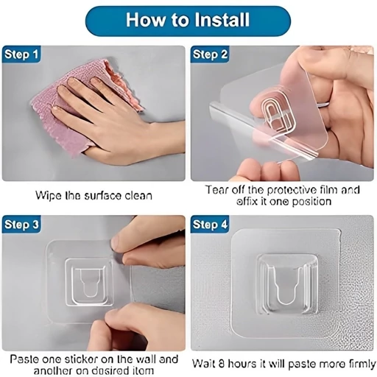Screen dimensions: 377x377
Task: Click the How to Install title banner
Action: (x=188, y=21)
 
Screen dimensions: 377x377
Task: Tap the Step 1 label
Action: (x=21, y=54)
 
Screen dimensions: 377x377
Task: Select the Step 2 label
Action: (x=210, y=54)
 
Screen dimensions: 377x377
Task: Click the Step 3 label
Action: (x=21, y=225)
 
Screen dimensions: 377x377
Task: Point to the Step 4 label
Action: (x=210, y=225)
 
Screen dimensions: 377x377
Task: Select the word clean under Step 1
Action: (x=138, y=196)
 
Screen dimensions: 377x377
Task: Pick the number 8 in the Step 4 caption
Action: (x=221, y=364)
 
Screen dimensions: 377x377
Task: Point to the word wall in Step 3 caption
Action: (x=146, y=359)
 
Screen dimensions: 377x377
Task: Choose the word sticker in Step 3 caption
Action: (x=81, y=359)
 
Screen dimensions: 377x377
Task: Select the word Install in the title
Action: (x=222, y=20)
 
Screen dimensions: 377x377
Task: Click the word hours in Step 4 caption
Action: (x=243, y=364)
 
